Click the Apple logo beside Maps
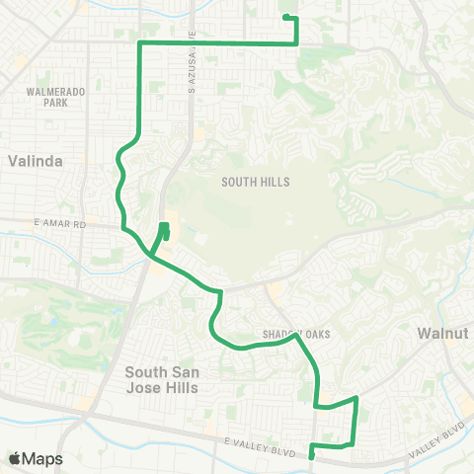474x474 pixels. [x=15, y=458]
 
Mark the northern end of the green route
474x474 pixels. [x=285, y=18]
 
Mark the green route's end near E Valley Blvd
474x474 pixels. [x=312, y=456]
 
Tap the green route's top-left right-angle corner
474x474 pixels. [x=137, y=44]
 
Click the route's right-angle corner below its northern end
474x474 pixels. [x=296, y=43]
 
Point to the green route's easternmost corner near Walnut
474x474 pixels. [x=355, y=398]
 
